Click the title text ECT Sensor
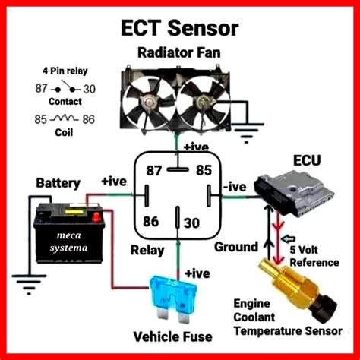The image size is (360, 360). [180, 27]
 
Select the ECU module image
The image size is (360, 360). [293, 194]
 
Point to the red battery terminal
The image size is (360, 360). [96, 217]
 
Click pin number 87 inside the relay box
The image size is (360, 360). [154, 170]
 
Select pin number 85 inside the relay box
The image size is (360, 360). [204, 170]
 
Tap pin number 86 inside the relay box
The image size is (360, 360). [151, 221]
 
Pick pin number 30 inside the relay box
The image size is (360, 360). [191, 223]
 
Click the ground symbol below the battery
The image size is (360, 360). [29, 283]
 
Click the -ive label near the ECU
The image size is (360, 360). [235, 187]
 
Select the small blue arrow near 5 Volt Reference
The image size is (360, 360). [289, 238]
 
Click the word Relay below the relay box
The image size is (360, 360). [147, 251]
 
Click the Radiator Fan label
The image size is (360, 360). [179, 53]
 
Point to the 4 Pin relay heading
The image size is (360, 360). [65, 71]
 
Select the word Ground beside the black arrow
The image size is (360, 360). [236, 247]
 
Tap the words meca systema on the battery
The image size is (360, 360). [68, 242]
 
